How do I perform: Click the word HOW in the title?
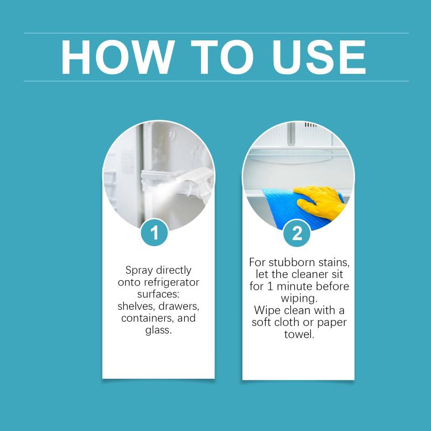[118, 57]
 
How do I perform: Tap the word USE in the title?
[319, 57]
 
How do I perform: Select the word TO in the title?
[222, 57]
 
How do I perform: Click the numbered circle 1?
[155, 233]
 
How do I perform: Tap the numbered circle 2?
[297, 233]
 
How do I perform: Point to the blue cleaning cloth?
[289, 207]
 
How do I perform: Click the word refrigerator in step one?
[171, 282]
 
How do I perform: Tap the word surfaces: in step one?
[158, 294]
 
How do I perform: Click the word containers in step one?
[148, 318]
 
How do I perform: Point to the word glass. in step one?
[158, 330]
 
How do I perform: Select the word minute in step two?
[294, 287]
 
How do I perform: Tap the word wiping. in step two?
[299, 298]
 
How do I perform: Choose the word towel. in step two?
[299, 335]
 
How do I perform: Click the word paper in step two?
[332, 323]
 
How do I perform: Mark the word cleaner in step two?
[309, 274]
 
